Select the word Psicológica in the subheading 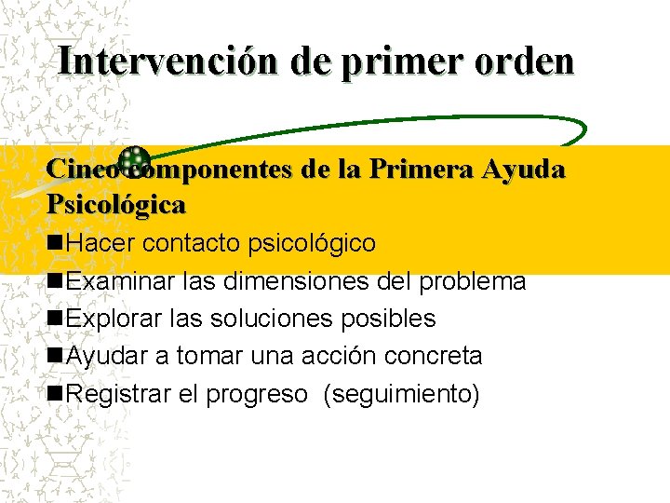116,203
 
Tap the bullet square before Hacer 55,243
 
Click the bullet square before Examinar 55,280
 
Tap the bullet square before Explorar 55,319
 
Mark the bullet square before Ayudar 55,356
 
